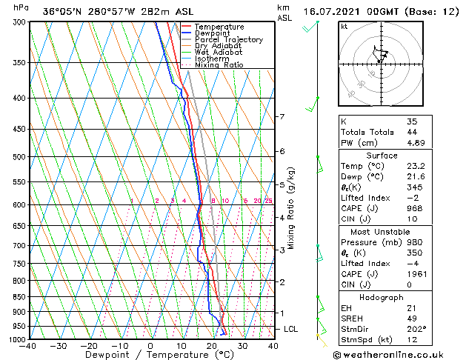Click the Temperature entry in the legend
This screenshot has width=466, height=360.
pos(219,27)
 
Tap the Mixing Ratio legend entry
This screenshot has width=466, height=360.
pos(219,64)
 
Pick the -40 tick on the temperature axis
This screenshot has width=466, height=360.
pos(28,346)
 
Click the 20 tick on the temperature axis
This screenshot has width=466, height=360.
pos(212,346)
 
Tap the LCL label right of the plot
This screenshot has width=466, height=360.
pos(291,328)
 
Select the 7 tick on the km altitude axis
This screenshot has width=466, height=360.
pos(282,117)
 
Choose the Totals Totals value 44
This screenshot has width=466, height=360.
pos(412,132)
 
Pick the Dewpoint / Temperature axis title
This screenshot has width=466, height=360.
pos(150,356)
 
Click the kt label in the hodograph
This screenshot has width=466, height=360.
pos(344,26)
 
